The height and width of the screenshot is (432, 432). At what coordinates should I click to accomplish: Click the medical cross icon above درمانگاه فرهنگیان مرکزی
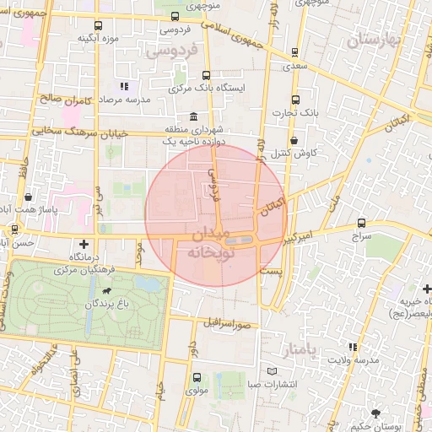point(83,244)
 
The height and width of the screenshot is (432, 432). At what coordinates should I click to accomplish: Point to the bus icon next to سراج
point(362,224)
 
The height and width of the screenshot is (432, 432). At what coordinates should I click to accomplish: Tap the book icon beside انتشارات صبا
point(271,371)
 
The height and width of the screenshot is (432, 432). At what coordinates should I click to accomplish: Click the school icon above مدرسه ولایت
point(353,347)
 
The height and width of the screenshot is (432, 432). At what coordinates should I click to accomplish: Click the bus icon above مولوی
point(197,377)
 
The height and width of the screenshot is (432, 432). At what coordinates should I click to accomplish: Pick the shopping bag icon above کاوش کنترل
point(294,140)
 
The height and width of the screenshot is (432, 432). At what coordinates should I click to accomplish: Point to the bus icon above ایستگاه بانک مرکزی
point(207,75)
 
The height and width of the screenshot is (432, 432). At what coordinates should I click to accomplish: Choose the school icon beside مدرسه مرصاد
point(125,86)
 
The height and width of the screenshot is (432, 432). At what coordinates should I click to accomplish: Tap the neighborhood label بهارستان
point(370,39)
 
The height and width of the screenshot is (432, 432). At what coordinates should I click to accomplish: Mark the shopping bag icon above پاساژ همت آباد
point(29,196)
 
